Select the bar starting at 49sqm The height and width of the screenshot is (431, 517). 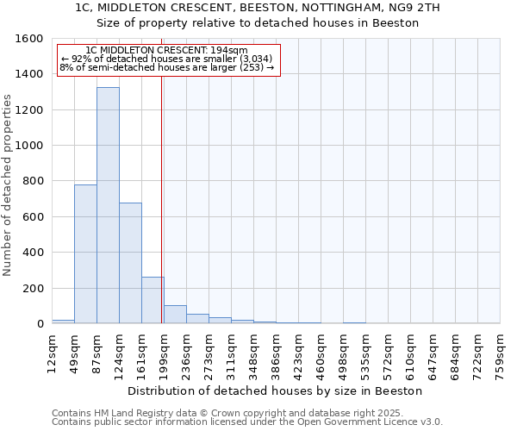85,254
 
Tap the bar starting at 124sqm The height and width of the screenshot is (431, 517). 130,263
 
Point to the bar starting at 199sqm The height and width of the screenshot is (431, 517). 175,315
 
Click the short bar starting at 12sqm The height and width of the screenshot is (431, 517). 63,322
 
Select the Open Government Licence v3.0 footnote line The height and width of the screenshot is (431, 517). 247,422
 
